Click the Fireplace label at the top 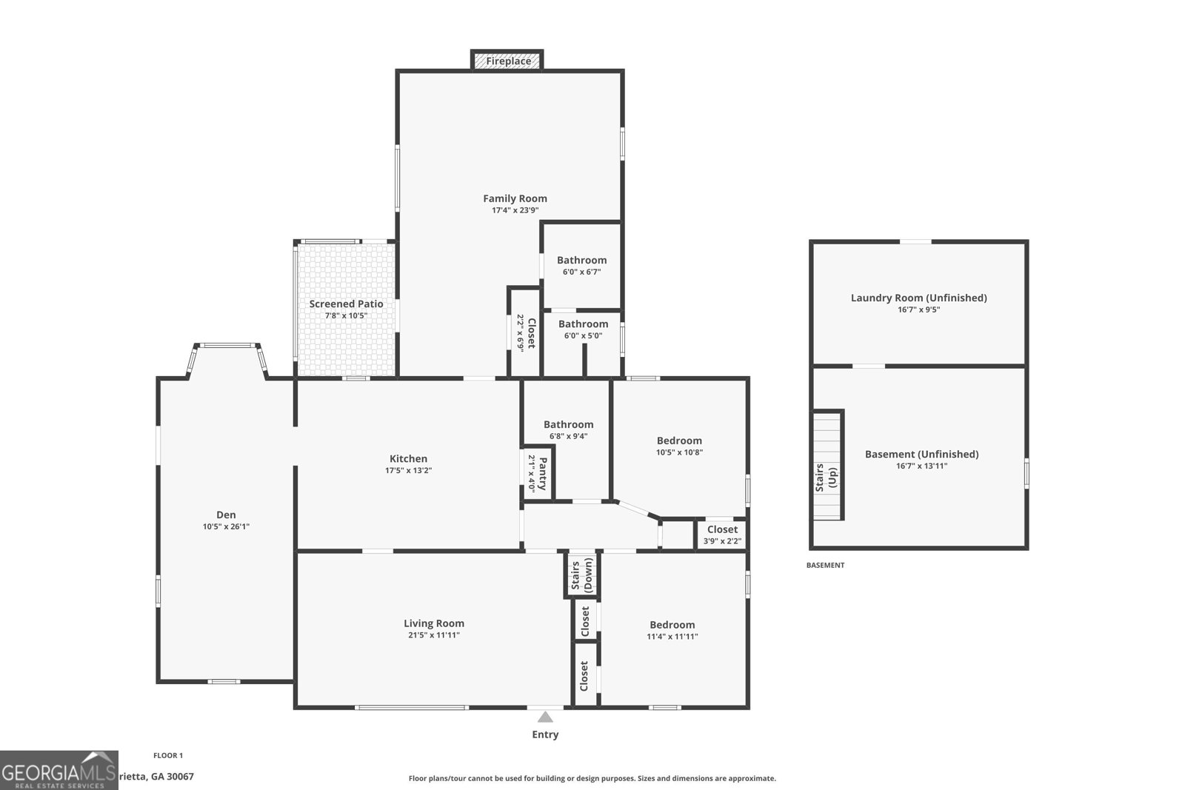pos(508,61)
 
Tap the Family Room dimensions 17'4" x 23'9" pos(515,210)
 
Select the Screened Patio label pos(346,304)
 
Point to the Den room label pos(226,515)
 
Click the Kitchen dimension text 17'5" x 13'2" pos(408,470)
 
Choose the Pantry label pos(543,474)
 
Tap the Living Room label pos(433,623)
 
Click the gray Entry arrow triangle pos(545,717)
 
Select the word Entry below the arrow pos(545,734)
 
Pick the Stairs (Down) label pos(582,574)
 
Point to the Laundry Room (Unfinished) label pos(918,298)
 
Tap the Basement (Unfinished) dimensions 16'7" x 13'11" pos(921,466)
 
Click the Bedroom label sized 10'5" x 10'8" pos(679,441)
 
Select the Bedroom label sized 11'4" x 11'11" pos(672,624)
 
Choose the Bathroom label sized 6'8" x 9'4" pos(568,424)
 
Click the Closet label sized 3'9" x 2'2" pos(722,529)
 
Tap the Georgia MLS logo pos(59,770)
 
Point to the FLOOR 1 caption pos(168,755)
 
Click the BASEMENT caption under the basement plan pos(825,565)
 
